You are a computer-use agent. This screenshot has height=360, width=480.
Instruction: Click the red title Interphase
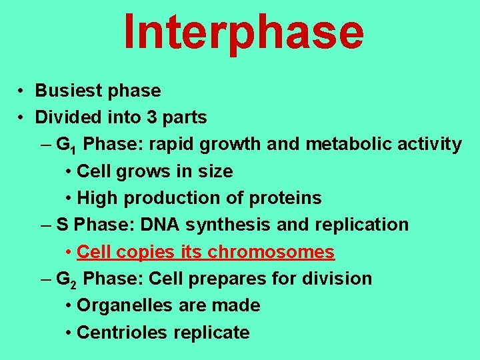[x=243, y=32]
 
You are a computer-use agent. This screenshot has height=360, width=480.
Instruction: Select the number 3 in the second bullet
[x=149, y=117]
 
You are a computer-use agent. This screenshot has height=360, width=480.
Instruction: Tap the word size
[x=215, y=171]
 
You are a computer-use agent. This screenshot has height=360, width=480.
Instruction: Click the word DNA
[x=161, y=225]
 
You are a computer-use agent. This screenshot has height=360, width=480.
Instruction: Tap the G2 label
[x=67, y=279]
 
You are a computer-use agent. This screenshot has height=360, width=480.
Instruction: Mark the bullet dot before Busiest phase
[x=21, y=91]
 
